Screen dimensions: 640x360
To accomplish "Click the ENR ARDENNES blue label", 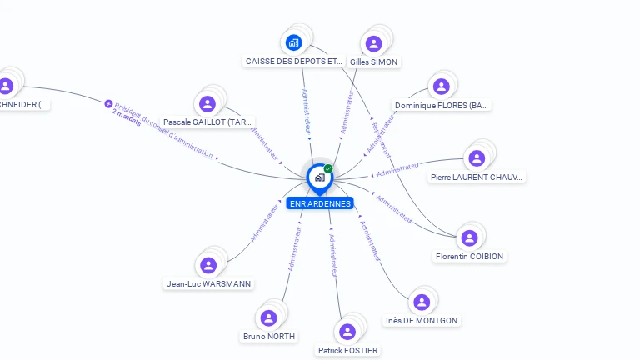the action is pos(320,203).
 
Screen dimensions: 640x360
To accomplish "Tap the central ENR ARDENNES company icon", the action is pos(319,177).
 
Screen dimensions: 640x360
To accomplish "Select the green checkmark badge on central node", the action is pos(328,168).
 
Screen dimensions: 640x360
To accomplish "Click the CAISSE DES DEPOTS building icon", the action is pos(293,42).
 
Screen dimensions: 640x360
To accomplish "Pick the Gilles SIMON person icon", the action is pos(374,43).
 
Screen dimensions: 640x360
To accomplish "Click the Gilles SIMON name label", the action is pos(374,62).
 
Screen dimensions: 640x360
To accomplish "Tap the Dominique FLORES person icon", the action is pos(442,87).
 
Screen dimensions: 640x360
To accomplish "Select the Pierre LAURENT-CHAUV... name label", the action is pos(477,177).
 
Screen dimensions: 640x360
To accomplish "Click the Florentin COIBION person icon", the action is pos(470,237).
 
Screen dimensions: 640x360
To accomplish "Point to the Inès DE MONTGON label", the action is pos(422,320).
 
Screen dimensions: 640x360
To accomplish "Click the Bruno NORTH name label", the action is pos(268,337).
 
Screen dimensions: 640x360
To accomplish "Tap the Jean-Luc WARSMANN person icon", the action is pos(208,265).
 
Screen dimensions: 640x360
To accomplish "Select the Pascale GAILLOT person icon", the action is pos(207,103).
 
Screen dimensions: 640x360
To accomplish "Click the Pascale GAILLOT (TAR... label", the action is pos(207,122).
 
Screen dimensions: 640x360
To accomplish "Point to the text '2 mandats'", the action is pos(126,116).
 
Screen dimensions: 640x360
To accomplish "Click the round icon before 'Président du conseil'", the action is pos(108,103).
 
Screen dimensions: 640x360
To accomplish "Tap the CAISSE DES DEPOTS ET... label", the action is pos(293,62).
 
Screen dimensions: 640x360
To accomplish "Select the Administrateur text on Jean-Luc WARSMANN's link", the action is pos(264,223).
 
